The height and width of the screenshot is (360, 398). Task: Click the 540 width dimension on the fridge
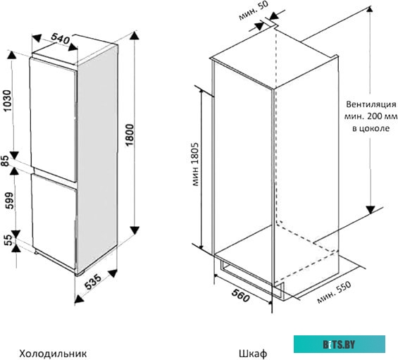click(61, 38)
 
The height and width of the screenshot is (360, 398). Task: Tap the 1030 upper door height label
click(8, 101)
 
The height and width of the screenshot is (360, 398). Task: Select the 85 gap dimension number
click(6, 161)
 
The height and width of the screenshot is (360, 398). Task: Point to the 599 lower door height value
click(9, 200)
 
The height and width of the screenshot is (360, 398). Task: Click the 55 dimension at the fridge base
click(8, 240)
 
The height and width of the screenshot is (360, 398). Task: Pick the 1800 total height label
click(130, 135)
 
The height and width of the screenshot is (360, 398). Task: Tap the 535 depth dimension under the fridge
click(93, 281)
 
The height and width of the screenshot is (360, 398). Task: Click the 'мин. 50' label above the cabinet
click(253, 11)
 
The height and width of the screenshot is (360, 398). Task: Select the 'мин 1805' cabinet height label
click(195, 164)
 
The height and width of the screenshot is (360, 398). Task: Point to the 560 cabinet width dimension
click(240, 296)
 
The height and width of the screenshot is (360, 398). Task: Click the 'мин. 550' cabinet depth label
click(335, 292)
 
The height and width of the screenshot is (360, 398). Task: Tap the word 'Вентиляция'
click(371, 104)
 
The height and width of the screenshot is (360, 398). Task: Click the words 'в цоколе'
click(371, 128)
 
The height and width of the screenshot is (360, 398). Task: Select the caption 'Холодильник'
click(53, 353)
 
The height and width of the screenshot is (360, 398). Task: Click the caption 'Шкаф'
click(253, 353)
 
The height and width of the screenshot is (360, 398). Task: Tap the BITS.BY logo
click(340, 344)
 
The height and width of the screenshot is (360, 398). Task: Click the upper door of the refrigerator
click(53, 119)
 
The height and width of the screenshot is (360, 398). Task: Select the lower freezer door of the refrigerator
click(54, 221)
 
